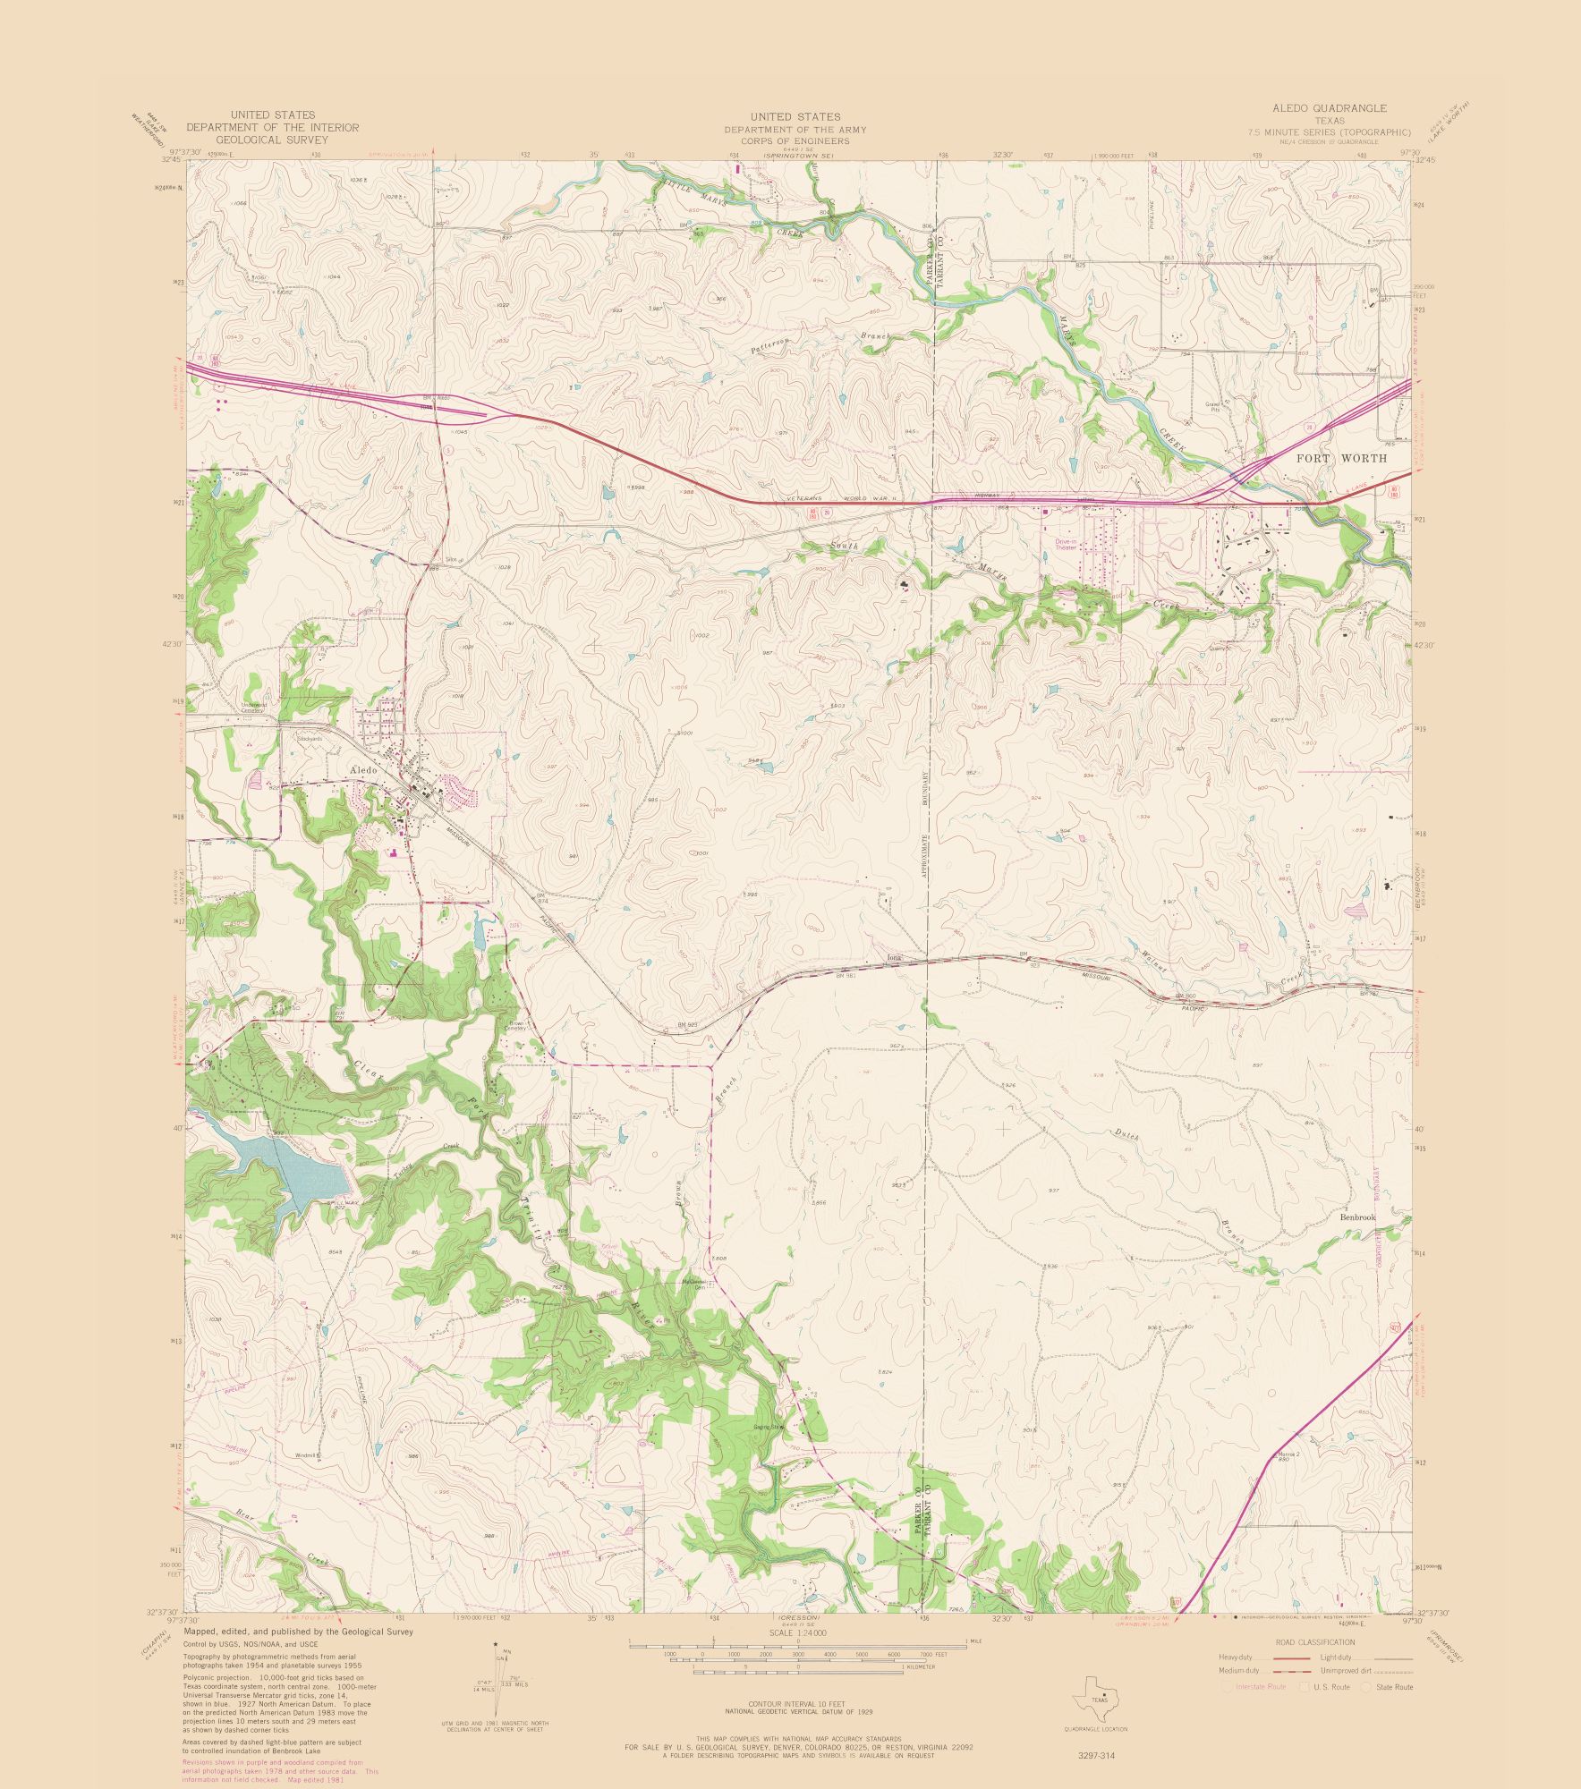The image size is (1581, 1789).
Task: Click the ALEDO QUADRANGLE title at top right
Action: [x=1329, y=108]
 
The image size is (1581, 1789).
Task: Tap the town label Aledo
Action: [x=364, y=769]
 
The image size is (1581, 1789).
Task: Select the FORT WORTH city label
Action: [x=1342, y=458]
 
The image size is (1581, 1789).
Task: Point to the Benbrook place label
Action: [x=1357, y=1217]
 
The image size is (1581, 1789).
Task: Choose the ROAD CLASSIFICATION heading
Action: [x=1314, y=1642]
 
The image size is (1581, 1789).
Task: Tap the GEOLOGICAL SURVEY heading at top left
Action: [x=272, y=140]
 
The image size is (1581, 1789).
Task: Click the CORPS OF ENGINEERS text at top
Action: [x=795, y=142]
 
